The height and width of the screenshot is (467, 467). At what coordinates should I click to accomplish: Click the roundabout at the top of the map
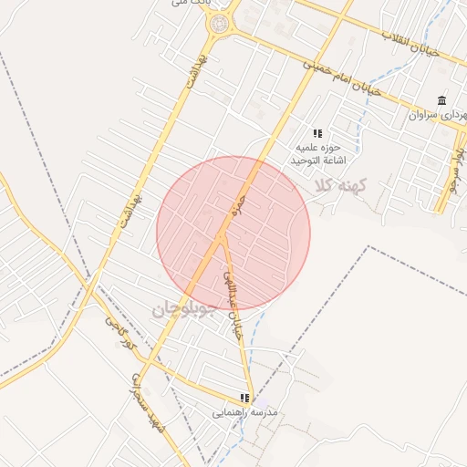(x=219, y=25)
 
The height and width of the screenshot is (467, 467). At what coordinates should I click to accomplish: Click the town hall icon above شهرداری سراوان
(x=442, y=100)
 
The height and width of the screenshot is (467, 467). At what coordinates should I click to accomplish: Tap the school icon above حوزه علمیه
(x=317, y=133)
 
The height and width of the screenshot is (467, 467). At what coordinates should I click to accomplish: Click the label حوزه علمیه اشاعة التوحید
(x=316, y=153)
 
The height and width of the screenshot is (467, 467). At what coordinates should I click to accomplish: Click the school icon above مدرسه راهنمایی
(x=244, y=398)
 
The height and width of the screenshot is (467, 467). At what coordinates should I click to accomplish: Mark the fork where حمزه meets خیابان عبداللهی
(x=222, y=238)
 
